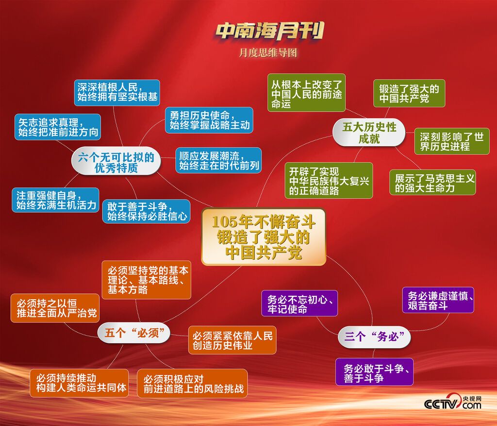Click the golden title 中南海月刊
[270, 31]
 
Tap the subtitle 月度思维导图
[268, 52]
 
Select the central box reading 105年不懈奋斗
[264, 237]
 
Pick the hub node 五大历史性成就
[369, 133]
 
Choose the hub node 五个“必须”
[134, 333]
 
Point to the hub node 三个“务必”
[374, 337]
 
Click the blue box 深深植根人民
[117, 93]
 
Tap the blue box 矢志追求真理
[58, 127]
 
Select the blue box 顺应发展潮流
[218, 160]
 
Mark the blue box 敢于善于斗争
[147, 211]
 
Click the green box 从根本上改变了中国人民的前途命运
[307, 93]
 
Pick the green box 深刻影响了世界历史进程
[452, 141]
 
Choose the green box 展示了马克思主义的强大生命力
[432, 182]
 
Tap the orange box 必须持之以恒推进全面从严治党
[55, 308]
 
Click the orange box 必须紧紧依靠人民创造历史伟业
[232, 340]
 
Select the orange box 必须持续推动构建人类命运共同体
[79, 383]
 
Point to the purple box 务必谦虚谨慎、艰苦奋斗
[438, 300]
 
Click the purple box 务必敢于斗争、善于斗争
[375, 372]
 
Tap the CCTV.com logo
[453, 402]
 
